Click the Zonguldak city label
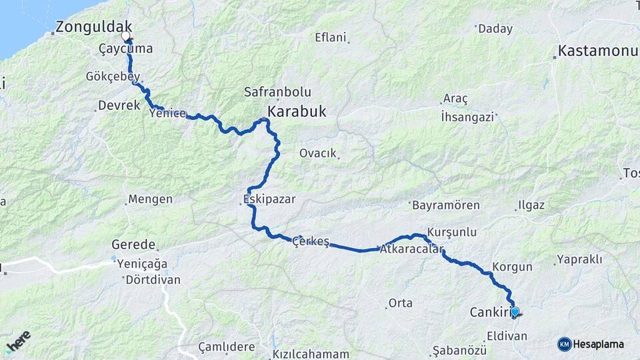click(x=94, y=27)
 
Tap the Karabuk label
click(x=297, y=111)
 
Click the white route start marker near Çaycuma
click(x=125, y=35)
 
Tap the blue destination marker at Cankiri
click(x=515, y=311)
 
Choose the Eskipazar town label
click(x=269, y=199)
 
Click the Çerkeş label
click(x=311, y=241)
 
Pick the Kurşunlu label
click(x=452, y=232)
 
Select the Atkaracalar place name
click(x=412, y=250)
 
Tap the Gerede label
click(x=133, y=245)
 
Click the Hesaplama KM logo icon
click(x=565, y=344)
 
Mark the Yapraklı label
click(x=579, y=259)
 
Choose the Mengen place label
click(x=150, y=199)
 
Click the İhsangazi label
click(x=467, y=117)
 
